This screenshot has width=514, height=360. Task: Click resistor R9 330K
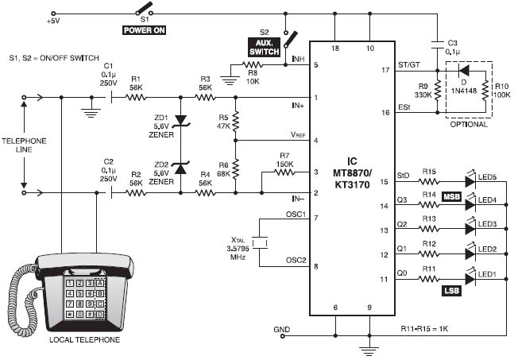(x=436, y=92)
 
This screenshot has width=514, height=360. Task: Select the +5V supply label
(x=53, y=21)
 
